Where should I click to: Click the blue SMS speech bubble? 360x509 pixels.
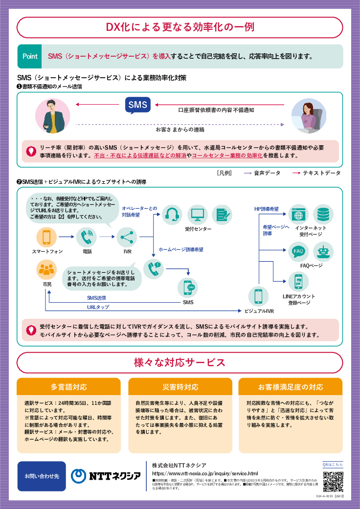pyautogui.click(x=137, y=105)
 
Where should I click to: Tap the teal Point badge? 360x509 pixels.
pyautogui.click(x=30, y=56)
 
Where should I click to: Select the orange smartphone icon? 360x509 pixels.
pyautogui.click(x=46, y=237)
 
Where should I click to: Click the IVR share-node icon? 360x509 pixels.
pyautogui.click(x=127, y=237)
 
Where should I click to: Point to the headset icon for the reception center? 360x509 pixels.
pyautogui.click(x=172, y=214)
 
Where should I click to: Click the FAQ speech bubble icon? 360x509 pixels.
pyautogui.click(x=298, y=252)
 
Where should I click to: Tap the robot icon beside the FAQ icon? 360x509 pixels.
pyautogui.click(x=323, y=252)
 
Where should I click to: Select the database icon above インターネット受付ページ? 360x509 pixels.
pyautogui.click(x=323, y=214)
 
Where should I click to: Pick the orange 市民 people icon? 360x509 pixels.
pyautogui.click(x=46, y=269)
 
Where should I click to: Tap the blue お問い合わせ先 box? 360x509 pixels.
pyautogui.click(x=42, y=476)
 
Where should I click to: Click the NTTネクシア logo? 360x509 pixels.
pyautogui.click(x=106, y=476)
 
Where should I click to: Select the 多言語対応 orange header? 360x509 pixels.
pyautogui.click(x=68, y=387)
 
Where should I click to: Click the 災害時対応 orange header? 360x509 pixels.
pyautogui.click(x=180, y=387)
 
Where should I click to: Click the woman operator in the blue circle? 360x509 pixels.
pyautogui.click(x=309, y=116)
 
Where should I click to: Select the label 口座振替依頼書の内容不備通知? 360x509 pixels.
pyautogui.click(x=216, y=111)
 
